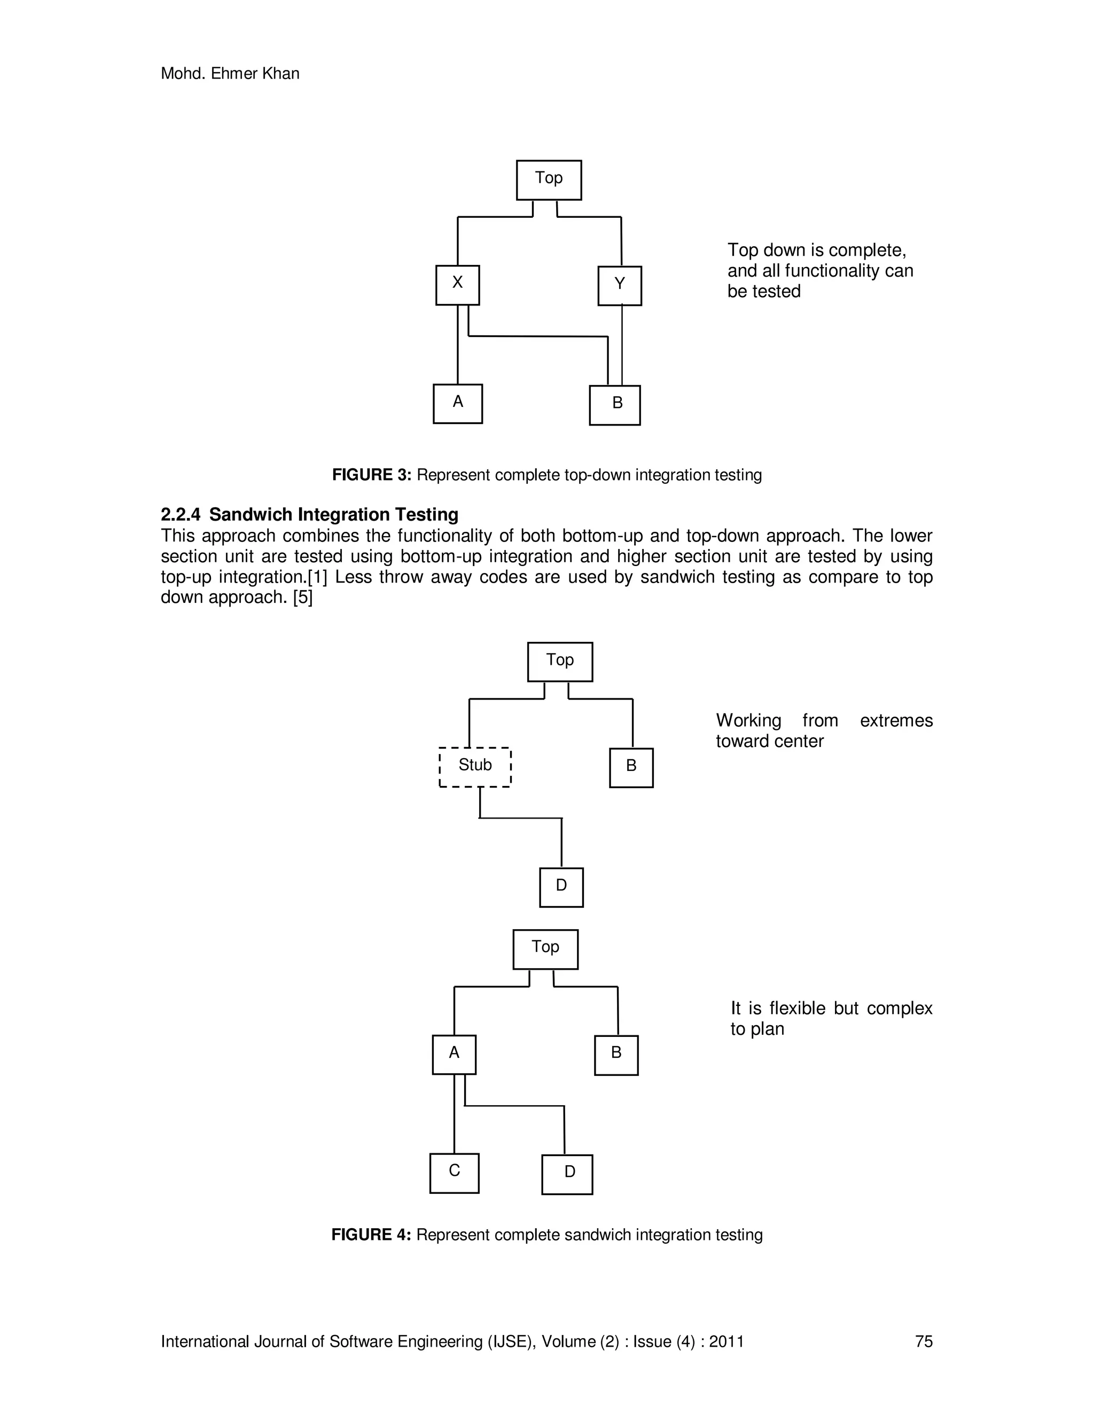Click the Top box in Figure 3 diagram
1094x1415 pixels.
(548, 179)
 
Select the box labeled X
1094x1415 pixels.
(458, 285)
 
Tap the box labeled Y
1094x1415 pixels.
(620, 285)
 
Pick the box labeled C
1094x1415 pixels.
(455, 1173)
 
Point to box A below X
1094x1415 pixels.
(458, 403)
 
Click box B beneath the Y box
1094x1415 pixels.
(615, 405)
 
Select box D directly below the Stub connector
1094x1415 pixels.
(561, 887)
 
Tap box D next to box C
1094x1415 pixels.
(567, 1174)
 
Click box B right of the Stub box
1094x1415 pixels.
(631, 768)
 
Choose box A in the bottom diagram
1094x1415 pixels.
(455, 1055)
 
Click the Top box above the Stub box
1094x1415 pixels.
(560, 662)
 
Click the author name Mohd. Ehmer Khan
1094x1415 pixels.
(230, 74)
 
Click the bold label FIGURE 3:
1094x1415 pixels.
(371, 475)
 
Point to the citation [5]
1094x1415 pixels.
(303, 598)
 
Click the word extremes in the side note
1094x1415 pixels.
(896, 720)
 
